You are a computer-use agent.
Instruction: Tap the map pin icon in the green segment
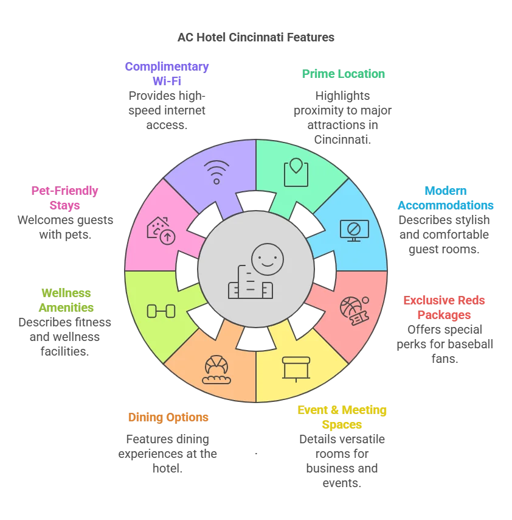pos(296,172)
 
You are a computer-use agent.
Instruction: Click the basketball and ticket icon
pos(354,310)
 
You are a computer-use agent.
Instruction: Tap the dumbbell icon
pos(161,311)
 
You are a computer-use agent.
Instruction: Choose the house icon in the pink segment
pos(161,231)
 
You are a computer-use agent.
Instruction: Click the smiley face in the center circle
pos(268,259)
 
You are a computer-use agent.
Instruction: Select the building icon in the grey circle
pos(249,283)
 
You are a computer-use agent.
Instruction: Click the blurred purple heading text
pos(167,72)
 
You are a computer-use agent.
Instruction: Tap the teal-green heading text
pos(344,73)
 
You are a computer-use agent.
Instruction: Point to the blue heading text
pos(446,197)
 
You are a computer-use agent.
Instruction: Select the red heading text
pos(445,307)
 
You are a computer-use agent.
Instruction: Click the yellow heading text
pos(342,416)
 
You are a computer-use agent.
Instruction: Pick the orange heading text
pos(168,418)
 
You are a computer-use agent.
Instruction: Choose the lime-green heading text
pos(67,300)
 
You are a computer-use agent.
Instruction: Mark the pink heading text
pos(65,197)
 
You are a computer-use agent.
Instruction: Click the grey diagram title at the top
pos(255,38)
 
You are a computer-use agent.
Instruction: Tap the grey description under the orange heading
pos(168,453)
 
